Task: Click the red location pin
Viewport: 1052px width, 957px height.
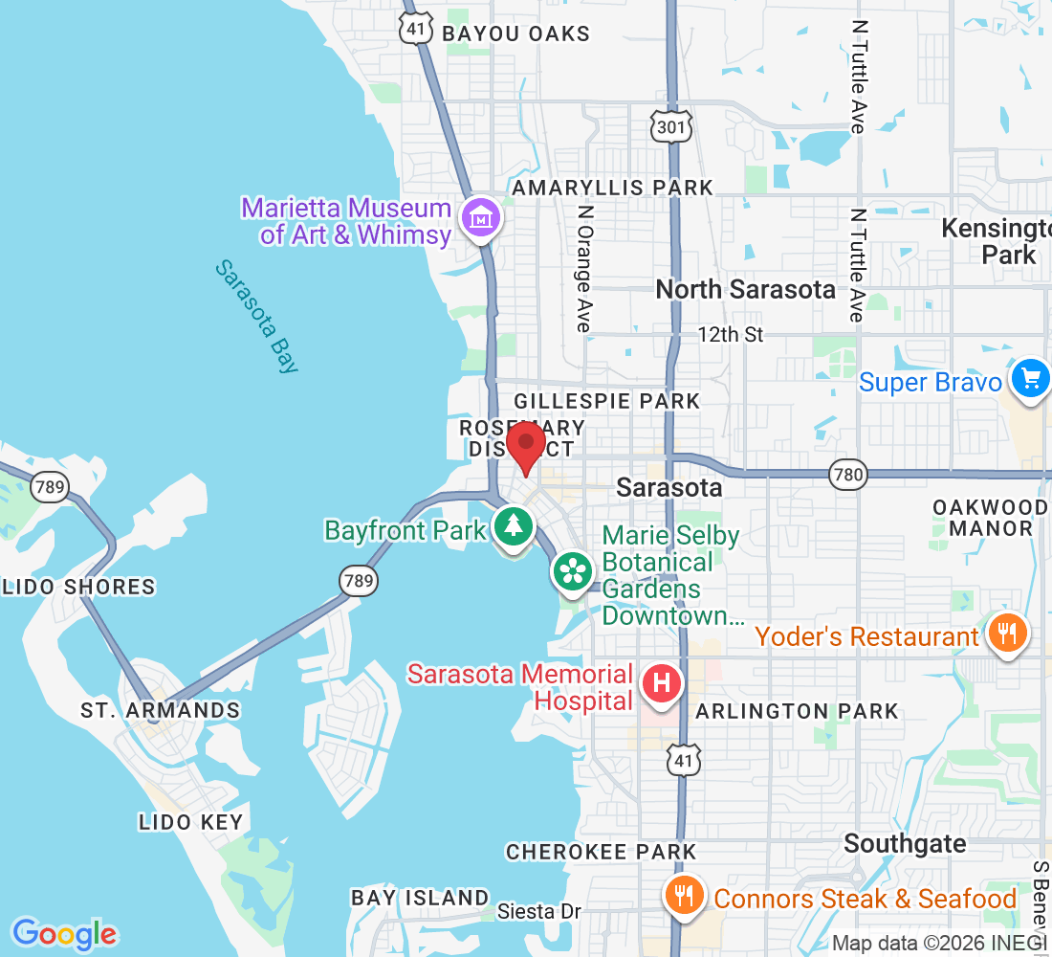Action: point(525,447)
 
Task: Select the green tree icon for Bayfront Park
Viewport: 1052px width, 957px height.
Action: point(514,527)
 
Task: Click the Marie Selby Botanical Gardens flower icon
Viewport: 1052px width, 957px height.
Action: point(573,571)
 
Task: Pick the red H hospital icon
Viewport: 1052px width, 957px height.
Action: point(661,685)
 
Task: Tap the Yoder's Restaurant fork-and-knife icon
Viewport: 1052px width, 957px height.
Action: point(1008,634)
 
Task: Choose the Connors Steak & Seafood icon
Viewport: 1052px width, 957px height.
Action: point(685,897)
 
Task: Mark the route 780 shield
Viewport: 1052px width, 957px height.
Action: point(846,474)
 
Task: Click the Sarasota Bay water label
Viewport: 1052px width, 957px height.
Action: point(255,317)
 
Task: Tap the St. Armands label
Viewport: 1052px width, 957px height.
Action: point(160,710)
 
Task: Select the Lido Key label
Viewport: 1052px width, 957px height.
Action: point(191,822)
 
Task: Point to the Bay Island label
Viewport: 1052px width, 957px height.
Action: point(420,898)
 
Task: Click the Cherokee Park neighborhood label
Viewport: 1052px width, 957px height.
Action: point(601,851)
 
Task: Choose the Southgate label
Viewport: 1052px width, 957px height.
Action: point(905,844)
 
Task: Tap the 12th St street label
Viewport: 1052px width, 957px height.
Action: point(731,335)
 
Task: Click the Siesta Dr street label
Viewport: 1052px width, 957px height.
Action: point(539,912)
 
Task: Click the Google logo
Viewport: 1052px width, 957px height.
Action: point(64,933)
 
